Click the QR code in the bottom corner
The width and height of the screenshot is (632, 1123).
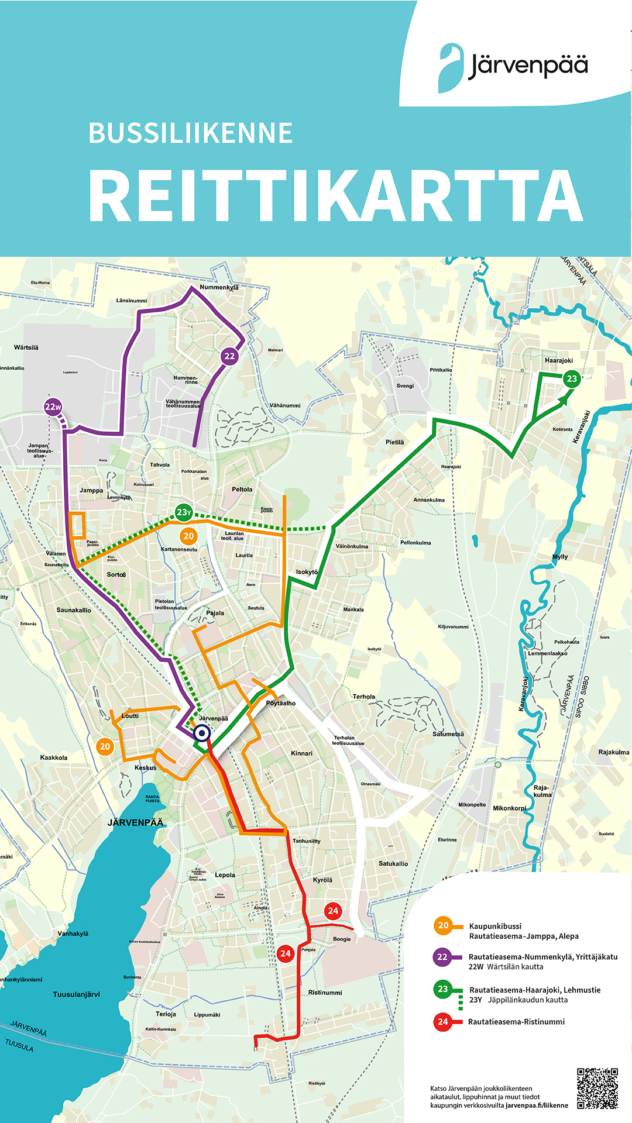point(597,1088)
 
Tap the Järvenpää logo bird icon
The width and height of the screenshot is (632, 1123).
point(451,68)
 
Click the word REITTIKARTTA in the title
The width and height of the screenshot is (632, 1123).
point(336,197)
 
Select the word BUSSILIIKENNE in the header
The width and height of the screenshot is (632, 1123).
point(190,133)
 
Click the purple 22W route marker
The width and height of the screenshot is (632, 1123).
point(53,407)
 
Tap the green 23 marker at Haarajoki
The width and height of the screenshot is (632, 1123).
point(572,378)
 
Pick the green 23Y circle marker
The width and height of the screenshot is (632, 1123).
point(184,512)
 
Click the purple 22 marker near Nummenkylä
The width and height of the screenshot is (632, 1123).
point(229,356)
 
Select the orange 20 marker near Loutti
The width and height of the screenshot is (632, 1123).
point(105,746)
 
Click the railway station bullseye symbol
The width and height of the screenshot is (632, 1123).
point(202,733)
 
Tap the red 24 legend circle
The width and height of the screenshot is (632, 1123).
point(442,1022)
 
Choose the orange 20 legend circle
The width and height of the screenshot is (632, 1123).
point(443,925)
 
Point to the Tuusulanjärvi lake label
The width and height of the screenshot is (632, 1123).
point(76,994)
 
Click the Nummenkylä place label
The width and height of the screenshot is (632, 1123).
point(219,288)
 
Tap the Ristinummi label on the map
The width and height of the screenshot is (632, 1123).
point(325,993)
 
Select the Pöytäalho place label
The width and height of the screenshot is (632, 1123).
point(280,703)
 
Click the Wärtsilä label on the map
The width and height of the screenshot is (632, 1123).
point(26,347)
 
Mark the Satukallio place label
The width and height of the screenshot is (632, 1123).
point(393,864)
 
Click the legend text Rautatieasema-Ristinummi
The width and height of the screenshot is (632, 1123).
point(516,1022)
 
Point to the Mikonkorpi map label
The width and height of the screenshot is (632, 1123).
point(509,808)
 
